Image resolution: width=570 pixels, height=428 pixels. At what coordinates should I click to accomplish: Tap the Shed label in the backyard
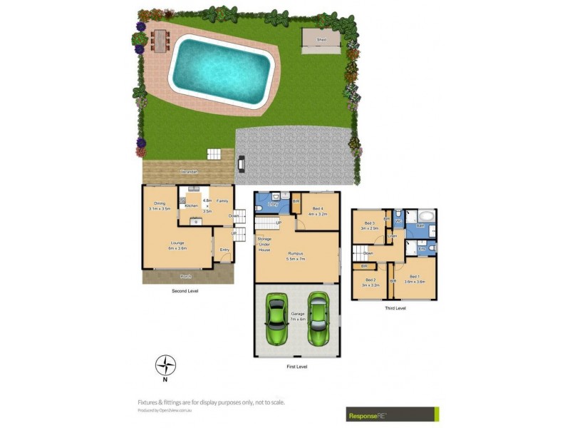(322, 41)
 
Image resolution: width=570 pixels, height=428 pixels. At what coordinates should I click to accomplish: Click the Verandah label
(189, 173)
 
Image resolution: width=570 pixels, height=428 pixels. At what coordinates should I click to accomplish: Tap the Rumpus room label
(296, 255)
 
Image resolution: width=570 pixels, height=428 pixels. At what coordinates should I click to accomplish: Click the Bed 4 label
(317, 212)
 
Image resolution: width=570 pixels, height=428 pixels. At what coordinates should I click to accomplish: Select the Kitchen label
(191, 206)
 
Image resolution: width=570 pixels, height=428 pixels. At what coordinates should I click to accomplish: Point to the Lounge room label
(177, 245)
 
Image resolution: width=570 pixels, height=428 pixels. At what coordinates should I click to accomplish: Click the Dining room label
(160, 206)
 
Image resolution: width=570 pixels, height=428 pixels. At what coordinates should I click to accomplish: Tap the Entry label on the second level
(224, 250)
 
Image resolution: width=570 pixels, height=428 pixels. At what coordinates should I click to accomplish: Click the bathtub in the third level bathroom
(425, 217)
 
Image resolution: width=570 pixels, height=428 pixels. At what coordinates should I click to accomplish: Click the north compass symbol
(166, 365)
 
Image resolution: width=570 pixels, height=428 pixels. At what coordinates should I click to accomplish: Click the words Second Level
(185, 291)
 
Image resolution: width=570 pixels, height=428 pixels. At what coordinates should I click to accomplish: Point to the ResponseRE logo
(392, 414)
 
